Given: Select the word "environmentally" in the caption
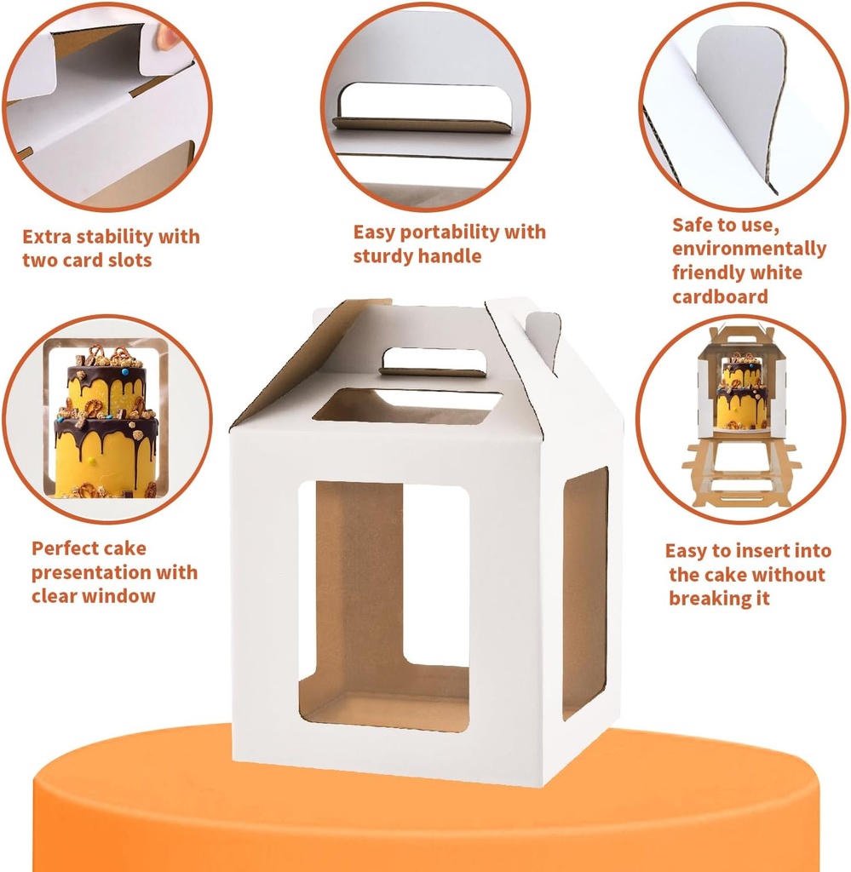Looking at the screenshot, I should click(x=749, y=249).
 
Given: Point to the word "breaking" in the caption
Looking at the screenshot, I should click(x=719, y=599).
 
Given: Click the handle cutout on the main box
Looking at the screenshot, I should click(x=433, y=361).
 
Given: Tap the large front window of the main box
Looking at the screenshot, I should click(x=383, y=605).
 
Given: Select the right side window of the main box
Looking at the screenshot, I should click(x=584, y=592).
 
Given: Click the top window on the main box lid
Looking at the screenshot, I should click(x=405, y=406).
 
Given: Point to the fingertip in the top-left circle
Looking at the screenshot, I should click(x=168, y=37).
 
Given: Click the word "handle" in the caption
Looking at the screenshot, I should click(x=451, y=256).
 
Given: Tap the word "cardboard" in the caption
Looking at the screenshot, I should click(x=720, y=296).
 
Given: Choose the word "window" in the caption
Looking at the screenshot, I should click(x=121, y=596).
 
